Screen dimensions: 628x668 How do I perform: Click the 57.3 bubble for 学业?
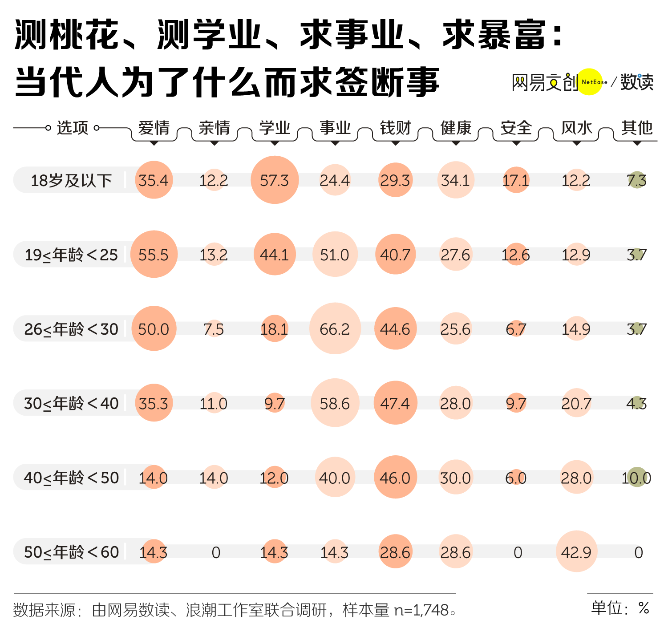(275, 180)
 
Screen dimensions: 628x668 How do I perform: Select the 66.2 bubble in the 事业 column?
(335, 329)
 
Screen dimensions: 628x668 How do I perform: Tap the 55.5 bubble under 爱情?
(154, 255)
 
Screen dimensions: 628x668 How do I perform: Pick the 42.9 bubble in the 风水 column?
(576, 552)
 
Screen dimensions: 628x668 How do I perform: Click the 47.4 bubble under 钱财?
(395, 403)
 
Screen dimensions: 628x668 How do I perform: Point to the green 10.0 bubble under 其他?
(636, 478)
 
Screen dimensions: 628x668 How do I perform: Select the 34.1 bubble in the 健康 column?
(455, 180)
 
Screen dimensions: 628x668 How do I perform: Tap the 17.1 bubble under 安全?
(516, 180)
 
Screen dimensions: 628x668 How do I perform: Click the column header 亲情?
(214, 128)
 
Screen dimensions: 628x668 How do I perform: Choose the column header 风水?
(576, 128)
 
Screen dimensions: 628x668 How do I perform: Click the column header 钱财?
(395, 128)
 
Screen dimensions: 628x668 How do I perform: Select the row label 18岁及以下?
(71, 181)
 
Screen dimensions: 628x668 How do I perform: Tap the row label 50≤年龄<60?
(71, 552)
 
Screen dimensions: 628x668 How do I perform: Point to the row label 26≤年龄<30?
(71, 329)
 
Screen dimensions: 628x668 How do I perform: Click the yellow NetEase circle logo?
(590, 82)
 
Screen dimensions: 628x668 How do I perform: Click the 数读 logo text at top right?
(637, 82)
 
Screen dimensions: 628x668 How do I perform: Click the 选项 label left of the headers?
(72, 128)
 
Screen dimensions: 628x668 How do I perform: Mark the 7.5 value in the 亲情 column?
(214, 329)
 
